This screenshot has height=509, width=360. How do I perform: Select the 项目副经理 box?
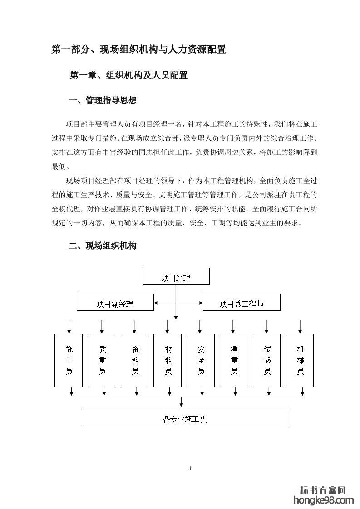[x=115, y=302]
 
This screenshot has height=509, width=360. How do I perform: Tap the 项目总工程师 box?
[x=242, y=302]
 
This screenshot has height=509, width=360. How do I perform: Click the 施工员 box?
[x=69, y=360]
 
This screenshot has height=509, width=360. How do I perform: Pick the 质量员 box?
[x=102, y=360]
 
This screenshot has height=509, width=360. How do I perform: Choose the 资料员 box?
[x=135, y=360]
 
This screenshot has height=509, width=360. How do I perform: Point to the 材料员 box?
[x=168, y=360]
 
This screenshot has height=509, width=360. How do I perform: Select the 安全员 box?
[x=201, y=360]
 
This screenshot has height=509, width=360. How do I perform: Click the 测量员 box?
[x=234, y=360]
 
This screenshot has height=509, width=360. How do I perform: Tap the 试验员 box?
[x=267, y=360]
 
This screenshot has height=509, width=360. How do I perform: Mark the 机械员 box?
[x=300, y=360]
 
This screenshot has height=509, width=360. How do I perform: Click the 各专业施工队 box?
[x=185, y=417]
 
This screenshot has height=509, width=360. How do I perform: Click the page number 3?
[x=189, y=468]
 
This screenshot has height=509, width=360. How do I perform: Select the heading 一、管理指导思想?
[x=102, y=101]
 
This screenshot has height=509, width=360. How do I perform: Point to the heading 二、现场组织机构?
[x=102, y=246]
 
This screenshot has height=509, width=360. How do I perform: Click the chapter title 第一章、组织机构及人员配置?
[x=128, y=75]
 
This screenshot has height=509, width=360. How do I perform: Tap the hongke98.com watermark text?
[x=324, y=500]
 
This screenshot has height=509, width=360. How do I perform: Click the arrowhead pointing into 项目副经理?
[x=156, y=302]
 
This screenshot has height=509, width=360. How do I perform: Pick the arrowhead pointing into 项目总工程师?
[x=201, y=302]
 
